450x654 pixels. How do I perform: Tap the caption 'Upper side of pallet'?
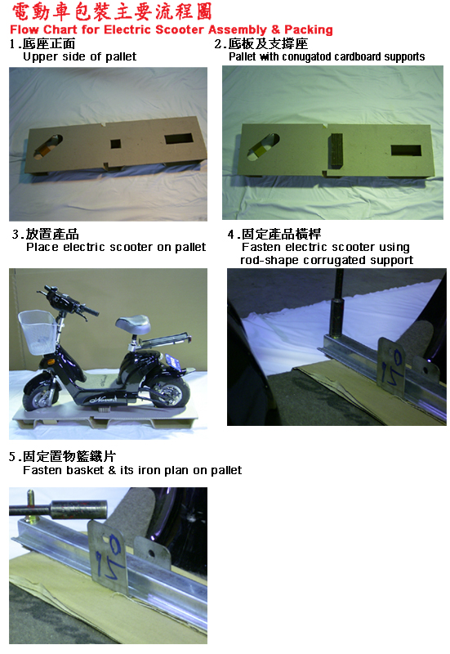coord(79,56)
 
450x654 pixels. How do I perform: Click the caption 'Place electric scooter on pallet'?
coord(115,247)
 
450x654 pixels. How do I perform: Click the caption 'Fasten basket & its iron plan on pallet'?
coord(131,470)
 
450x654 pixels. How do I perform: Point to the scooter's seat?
coord(140,328)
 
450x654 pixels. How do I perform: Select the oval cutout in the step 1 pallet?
coord(50,147)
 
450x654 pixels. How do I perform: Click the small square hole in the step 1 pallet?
coord(115,145)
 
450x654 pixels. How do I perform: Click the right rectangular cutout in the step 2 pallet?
coord(404,150)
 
